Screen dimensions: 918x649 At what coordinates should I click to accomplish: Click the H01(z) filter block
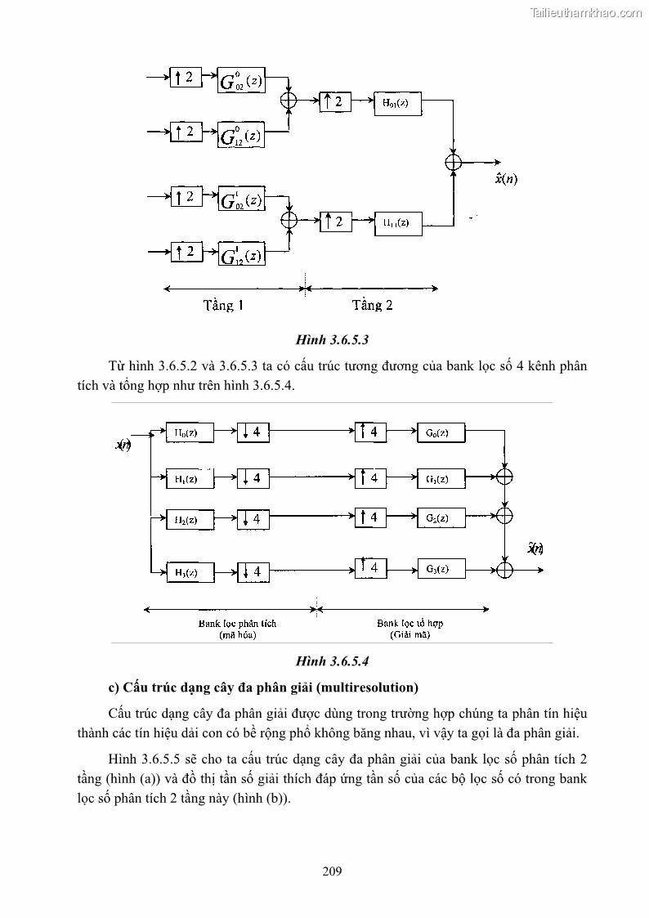pyautogui.click(x=397, y=103)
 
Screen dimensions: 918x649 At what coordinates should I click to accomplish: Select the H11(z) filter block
pyautogui.click(x=397, y=222)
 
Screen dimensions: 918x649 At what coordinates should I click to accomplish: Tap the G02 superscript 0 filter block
pyautogui.click(x=241, y=80)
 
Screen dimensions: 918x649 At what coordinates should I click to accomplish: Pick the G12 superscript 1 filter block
pyautogui.click(x=241, y=254)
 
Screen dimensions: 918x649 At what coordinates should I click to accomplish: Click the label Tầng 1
pyautogui.click(x=223, y=306)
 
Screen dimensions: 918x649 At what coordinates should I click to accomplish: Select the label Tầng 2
pyautogui.click(x=372, y=306)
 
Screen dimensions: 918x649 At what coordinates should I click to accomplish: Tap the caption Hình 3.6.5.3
pyautogui.click(x=327, y=338)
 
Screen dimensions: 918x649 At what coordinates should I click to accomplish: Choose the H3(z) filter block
pyautogui.click(x=190, y=571)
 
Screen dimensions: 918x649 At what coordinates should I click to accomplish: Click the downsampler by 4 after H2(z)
pyautogui.click(x=253, y=518)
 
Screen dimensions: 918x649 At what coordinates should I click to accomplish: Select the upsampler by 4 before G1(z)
pyautogui.click(x=370, y=477)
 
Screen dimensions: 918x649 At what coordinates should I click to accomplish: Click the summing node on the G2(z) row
pyautogui.click(x=506, y=515)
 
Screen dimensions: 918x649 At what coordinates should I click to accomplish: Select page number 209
pyautogui.click(x=332, y=871)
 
